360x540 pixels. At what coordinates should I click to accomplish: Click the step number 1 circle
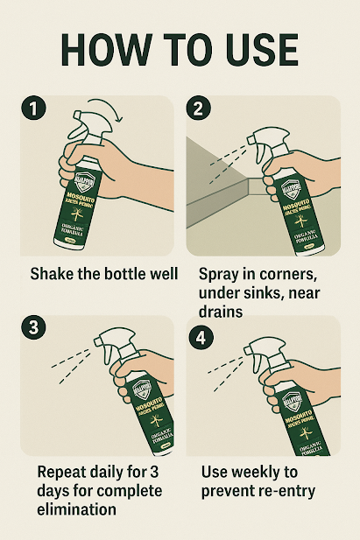coord(32,111)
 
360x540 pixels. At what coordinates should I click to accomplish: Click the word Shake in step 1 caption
coord(53,274)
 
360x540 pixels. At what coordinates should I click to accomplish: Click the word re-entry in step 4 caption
coord(285,492)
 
